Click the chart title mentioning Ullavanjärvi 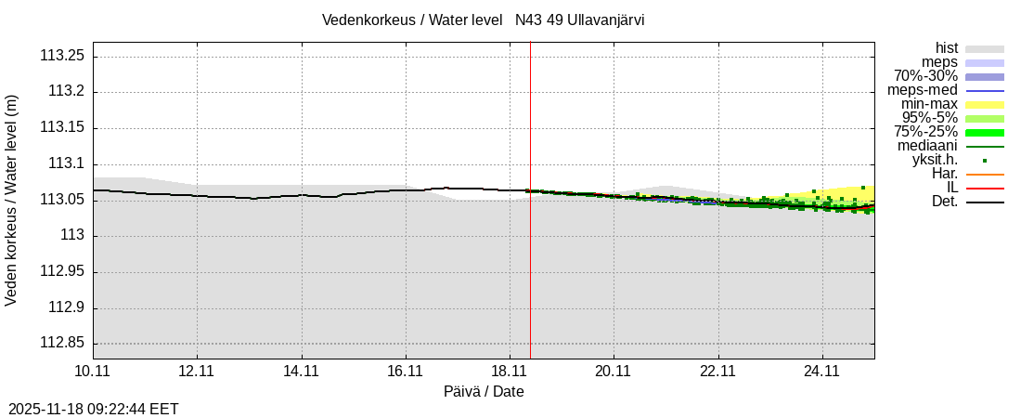[x=483, y=20]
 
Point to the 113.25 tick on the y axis [x=62, y=56]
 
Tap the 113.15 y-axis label [x=62, y=128]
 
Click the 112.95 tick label [x=62, y=272]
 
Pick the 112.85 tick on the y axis [x=62, y=344]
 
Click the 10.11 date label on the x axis [x=93, y=372]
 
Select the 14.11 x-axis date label [x=302, y=372]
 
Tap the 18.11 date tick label [x=510, y=372]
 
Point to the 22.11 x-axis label [x=718, y=372]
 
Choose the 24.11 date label [x=822, y=372]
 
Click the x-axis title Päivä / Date [x=484, y=392]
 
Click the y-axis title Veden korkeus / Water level [x=12, y=200]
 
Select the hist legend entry [x=947, y=48]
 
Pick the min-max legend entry [x=930, y=104]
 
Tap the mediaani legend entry [x=927, y=146]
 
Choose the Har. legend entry [x=945, y=174]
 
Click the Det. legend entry [x=945, y=202]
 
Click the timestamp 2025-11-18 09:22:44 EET [x=94, y=409]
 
